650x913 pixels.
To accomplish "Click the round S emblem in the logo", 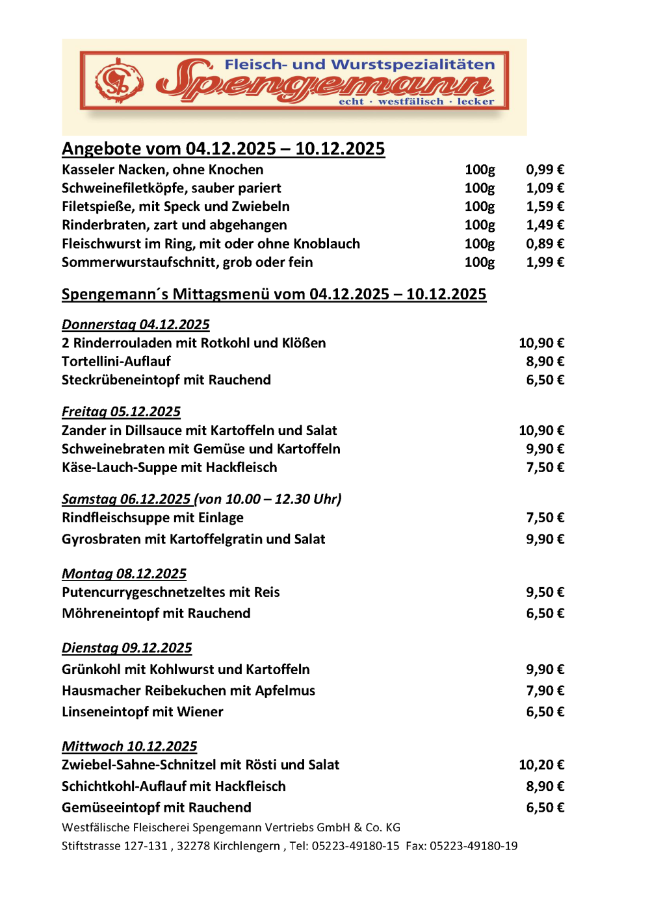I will click(x=119, y=81).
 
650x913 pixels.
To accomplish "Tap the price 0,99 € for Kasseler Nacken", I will click(x=545, y=169).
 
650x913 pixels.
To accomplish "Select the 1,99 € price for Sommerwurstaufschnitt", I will click(x=545, y=262).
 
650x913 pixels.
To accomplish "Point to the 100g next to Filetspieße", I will click(x=480, y=206).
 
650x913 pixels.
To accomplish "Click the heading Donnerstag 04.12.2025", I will click(x=136, y=325).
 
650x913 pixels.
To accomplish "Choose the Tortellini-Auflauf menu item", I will click(x=116, y=362).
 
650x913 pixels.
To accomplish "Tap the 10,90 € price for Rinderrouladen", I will click(x=541, y=343).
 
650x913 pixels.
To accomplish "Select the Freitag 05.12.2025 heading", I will click(x=121, y=412).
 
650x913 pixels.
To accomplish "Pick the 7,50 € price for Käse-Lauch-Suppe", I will click(x=545, y=468).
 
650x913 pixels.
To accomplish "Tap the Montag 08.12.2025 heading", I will click(x=124, y=574).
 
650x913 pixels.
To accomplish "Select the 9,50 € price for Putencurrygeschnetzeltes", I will click(x=545, y=592).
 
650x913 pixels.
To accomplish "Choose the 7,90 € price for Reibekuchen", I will click(x=545, y=691).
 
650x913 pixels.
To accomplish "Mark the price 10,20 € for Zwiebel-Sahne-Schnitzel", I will click(x=541, y=765).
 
